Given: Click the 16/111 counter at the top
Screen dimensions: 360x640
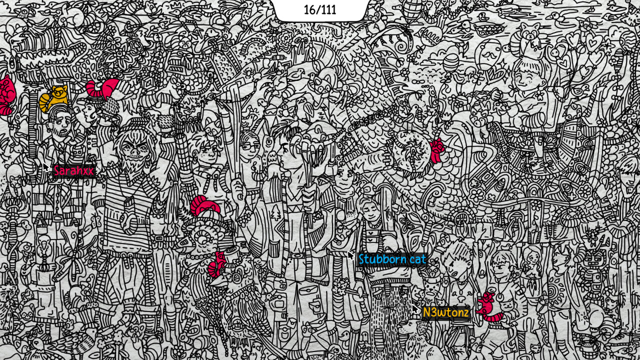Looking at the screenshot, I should click(320, 10).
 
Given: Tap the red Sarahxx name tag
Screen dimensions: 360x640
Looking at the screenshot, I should click(73, 171).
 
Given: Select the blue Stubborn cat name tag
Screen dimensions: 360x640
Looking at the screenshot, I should click(392, 259).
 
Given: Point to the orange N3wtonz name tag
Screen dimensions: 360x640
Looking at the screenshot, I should click(445, 313).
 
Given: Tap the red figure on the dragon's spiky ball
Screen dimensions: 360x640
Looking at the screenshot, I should click(436, 150).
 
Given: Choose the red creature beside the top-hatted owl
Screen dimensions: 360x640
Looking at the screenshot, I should click(217, 264).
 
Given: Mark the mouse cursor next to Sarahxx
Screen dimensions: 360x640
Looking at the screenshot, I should click(46, 167).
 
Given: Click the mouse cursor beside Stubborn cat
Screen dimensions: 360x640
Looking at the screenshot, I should click(351, 255).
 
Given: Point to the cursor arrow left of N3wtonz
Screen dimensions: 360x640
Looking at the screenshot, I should click(415, 309).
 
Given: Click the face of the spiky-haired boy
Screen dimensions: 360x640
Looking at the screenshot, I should click(457, 265).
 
